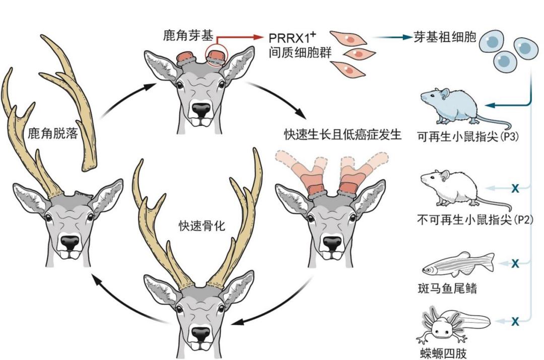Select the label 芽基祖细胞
pyautogui.click(x=444, y=37)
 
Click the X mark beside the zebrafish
pyautogui.click(x=515, y=263)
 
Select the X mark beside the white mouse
pyautogui.click(x=515, y=188)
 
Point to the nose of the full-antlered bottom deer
pyautogui.click(x=201, y=333)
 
